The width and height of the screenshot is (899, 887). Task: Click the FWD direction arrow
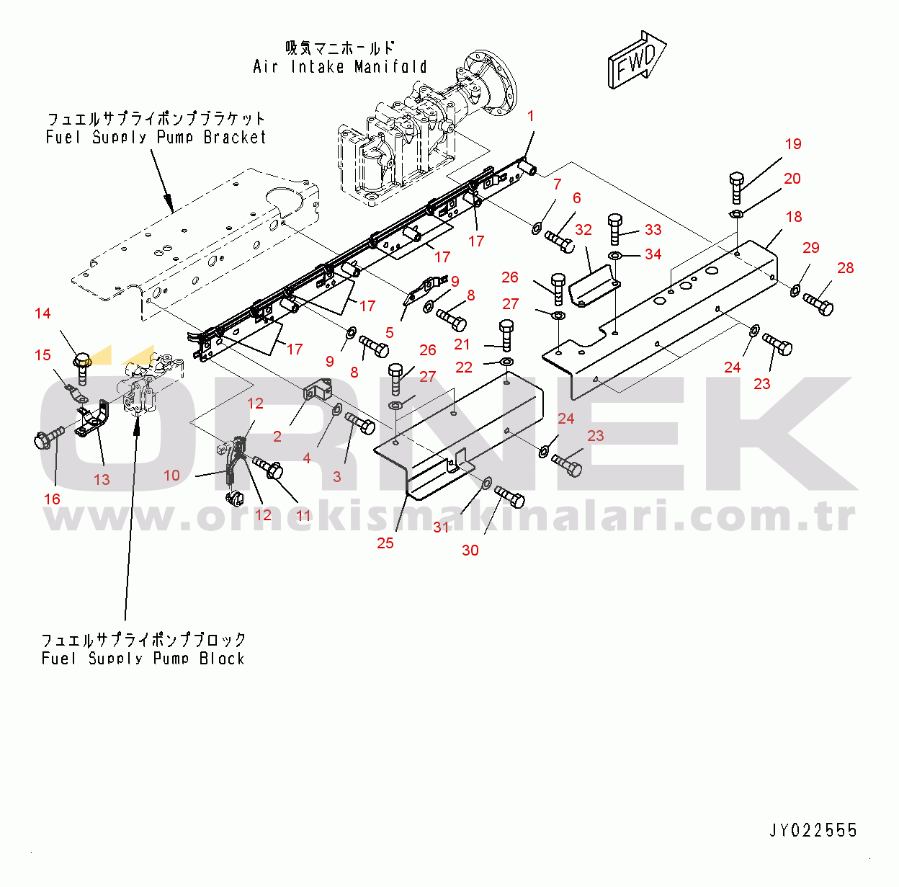coord(637,61)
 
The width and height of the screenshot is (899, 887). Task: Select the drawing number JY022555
coord(813,830)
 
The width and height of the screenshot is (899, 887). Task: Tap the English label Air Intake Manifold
coord(339,67)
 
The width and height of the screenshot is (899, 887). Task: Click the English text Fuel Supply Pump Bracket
coord(156,137)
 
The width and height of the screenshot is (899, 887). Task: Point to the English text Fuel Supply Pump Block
coord(143,659)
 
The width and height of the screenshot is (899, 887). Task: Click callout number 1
coord(530,116)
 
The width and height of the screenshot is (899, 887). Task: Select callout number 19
coord(793,144)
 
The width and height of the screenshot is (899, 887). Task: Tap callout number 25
coord(385,543)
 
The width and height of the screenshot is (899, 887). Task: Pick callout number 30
coord(470,551)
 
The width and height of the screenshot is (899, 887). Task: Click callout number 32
coord(583,230)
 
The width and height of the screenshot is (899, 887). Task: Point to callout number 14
coord(43,313)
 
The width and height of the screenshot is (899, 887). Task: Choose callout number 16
coord(52,499)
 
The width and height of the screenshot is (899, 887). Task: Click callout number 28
coord(846,268)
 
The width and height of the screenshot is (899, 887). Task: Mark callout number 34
coord(653,254)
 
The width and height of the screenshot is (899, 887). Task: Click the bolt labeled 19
coord(736,187)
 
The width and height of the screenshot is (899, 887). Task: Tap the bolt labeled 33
coord(615,229)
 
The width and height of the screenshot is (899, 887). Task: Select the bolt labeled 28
coord(818,304)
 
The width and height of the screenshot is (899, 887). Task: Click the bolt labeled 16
coord(49,437)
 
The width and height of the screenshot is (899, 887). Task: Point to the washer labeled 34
coord(614,255)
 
